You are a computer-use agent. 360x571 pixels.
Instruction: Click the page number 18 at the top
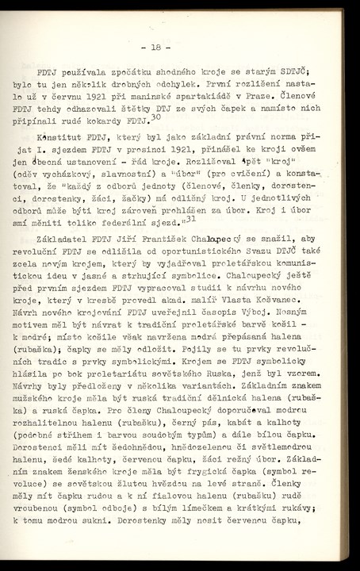click(x=180, y=46)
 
